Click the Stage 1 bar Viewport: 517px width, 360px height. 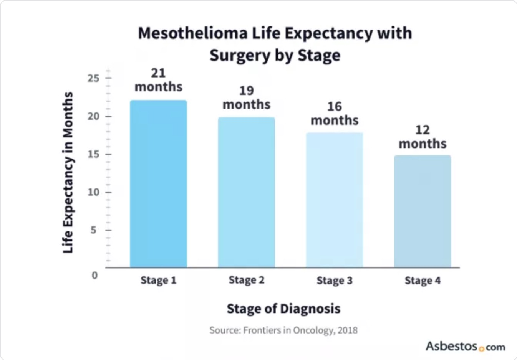[158, 184]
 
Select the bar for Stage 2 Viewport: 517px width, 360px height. [246, 192]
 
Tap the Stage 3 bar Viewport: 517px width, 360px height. [334, 200]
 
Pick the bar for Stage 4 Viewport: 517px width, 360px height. [422, 211]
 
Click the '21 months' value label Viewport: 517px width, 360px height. [158, 80]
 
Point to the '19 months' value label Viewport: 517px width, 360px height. [246, 97]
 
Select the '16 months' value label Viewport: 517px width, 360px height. [334, 113]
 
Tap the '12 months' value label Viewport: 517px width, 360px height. [422, 137]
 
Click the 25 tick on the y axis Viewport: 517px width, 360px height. [93, 78]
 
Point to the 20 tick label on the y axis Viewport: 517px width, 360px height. [93, 116]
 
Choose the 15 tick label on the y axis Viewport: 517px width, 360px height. [93, 154]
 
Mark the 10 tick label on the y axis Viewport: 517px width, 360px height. [93, 192]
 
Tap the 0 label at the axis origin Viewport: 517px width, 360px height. [94, 276]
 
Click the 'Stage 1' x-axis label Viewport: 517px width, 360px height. [158, 281]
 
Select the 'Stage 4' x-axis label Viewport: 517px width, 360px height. [422, 281]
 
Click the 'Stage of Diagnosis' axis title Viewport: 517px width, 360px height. [283, 309]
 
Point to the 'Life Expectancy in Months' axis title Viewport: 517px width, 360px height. [68, 173]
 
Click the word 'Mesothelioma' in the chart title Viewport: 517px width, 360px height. [193, 33]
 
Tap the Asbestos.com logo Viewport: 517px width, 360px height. [465, 347]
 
